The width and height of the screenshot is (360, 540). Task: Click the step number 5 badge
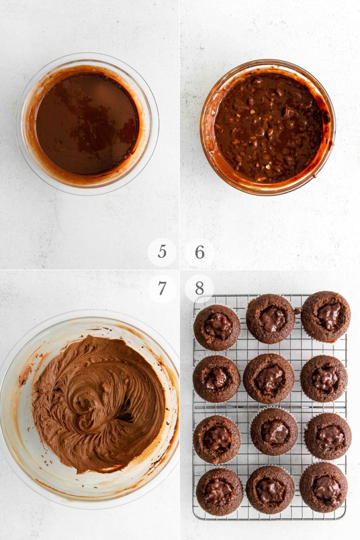click(162, 252)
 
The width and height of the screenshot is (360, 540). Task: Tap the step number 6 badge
click(200, 252)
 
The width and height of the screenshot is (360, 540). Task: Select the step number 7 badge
click(162, 289)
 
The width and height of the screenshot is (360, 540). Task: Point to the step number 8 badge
click(199, 289)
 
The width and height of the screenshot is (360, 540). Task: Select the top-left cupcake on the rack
click(217, 328)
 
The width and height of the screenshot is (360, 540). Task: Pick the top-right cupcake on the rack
click(326, 316)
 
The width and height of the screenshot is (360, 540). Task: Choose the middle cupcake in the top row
click(270, 319)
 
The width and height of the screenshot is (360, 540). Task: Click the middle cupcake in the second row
click(269, 378)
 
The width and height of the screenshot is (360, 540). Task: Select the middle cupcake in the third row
click(274, 432)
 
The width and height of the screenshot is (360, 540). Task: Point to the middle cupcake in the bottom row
click(270, 489)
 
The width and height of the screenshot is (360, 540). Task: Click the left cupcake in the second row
click(216, 379)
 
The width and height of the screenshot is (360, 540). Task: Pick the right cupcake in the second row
click(324, 378)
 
